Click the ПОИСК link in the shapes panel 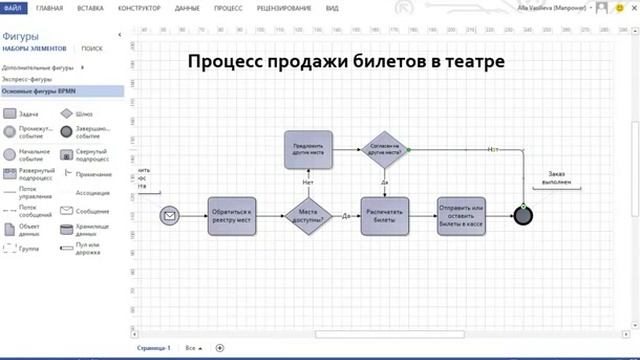point(92,47)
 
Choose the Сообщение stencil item point(67,211)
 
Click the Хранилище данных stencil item point(67,229)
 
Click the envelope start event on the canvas point(170,216)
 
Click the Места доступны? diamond point(309,216)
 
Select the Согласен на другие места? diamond point(385,149)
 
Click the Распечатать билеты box point(385,216)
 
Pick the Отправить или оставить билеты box point(461,216)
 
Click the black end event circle point(521,216)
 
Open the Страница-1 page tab point(154,347)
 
